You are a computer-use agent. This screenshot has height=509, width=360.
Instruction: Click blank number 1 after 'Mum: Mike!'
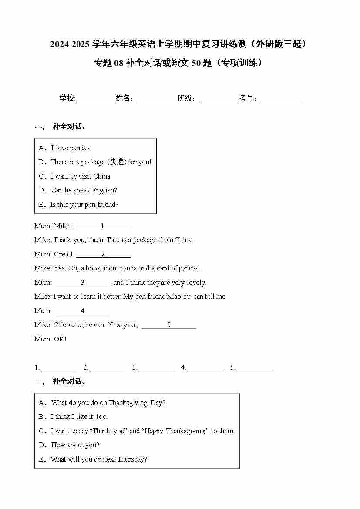click(103, 227)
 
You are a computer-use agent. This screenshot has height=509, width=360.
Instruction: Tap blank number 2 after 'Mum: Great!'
click(103, 255)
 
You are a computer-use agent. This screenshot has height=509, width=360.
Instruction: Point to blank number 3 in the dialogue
click(83, 283)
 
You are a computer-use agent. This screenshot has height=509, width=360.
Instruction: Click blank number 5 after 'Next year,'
click(169, 325)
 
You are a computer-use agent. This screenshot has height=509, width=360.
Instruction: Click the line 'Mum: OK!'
click(50, 339)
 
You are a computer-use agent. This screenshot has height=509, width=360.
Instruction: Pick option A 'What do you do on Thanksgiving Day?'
click(108, 403)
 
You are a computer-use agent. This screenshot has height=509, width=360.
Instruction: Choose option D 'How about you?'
click(75, 445)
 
